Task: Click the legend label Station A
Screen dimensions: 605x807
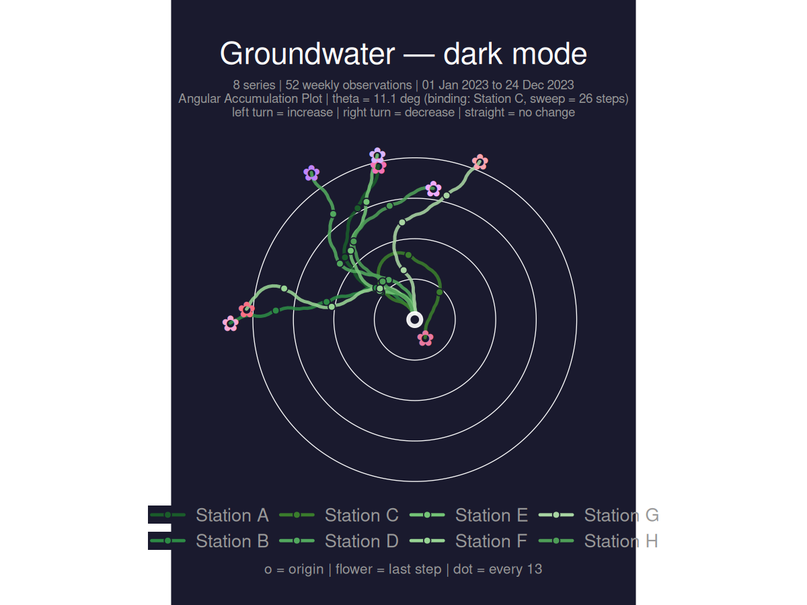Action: click(232, 516)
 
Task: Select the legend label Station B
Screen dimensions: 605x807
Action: click(232, 541)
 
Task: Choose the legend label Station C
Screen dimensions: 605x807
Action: click(362, 516)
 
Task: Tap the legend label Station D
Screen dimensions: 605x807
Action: click(362, 541)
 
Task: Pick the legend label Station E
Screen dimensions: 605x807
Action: click(492, 516)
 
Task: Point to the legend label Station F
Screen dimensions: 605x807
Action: click(492, 541)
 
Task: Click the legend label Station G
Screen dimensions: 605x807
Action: click(621, 516)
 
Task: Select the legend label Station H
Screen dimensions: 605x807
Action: click(621, 541)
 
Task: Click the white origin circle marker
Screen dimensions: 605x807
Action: click(415, 320)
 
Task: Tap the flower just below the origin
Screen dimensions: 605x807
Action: click(425, 338)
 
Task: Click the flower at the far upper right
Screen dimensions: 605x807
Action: click(479, 162)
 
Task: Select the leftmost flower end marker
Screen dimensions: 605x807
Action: click(231, 324)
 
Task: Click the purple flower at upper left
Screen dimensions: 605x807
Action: click(311, 173)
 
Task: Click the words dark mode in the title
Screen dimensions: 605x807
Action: click(515, 54)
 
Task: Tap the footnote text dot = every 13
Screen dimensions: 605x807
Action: click(498, 569)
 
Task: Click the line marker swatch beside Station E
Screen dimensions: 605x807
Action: click(427, 516)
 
